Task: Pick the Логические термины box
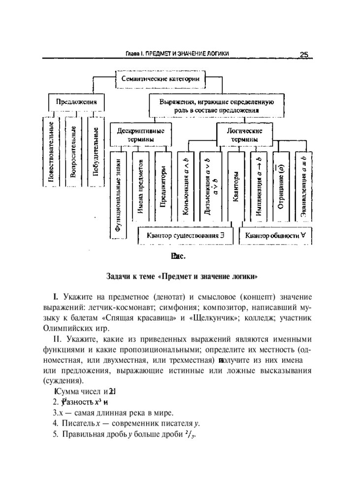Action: pos(244,135)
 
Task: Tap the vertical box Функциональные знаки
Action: pos(119,192)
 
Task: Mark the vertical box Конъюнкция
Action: pos(186,187)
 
